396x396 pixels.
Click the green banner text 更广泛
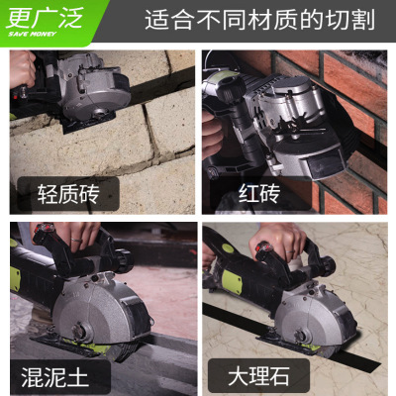tap(44, 18)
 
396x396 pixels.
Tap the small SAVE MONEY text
tap(33, 34)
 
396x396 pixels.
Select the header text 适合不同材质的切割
tap(259, 20)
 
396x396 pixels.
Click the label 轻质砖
tap(68, 194)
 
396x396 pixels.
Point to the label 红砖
tap(259, 194)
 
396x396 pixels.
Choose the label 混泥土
tap(54, 376)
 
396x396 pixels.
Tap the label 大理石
tap(258, 376)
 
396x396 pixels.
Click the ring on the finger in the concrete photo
tap(76, 241)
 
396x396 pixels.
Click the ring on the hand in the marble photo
tap(290, 252)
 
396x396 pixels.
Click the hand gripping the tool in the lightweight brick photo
tap(22, 68)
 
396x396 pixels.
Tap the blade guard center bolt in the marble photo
tap(301, 334)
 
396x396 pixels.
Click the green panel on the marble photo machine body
tap(232, 280)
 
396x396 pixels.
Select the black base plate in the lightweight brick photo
tap(88, 123)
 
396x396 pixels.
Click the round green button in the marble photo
tap(228, 248)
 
